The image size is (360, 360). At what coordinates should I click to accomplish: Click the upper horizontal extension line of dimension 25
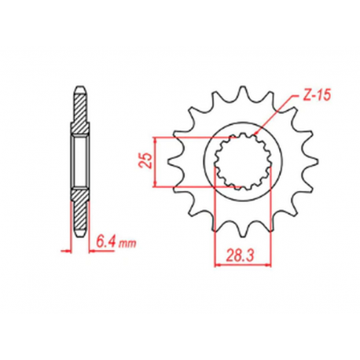189,135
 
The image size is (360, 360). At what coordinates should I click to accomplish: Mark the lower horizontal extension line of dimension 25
189,188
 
